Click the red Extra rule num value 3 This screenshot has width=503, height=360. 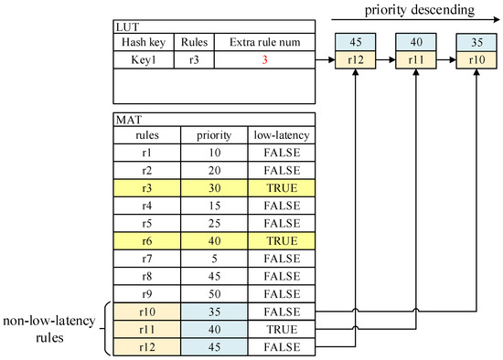pyautogui.click(x=263, y=59)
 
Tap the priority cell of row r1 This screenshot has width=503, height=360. pyautogui.click(x=214, y=152)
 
